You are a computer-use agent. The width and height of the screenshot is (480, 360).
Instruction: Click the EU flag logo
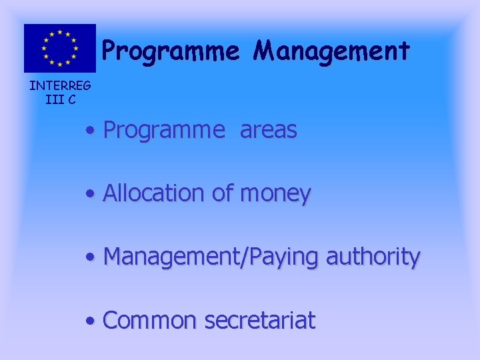[60, 48]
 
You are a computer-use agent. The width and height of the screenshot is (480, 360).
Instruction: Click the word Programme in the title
[170, 51]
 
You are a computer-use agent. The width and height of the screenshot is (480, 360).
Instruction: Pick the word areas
[268, 131]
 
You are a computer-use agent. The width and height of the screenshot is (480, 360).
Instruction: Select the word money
[275, 195]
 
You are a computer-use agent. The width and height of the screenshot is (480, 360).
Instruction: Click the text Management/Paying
[213, 257]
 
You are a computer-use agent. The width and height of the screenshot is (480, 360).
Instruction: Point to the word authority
[373, 257]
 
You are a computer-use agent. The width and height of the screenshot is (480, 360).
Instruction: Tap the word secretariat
[260, 321]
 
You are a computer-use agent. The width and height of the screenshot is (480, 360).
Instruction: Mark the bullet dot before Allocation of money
[89, 195]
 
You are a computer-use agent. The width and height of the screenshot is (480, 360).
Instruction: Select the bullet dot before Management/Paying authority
[89, 257]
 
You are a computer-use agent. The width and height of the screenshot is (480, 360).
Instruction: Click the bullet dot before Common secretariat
[89, 321]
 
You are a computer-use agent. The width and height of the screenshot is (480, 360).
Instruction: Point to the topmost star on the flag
[60, 31]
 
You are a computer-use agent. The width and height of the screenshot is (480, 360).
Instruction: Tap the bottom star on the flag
[60, 65]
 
